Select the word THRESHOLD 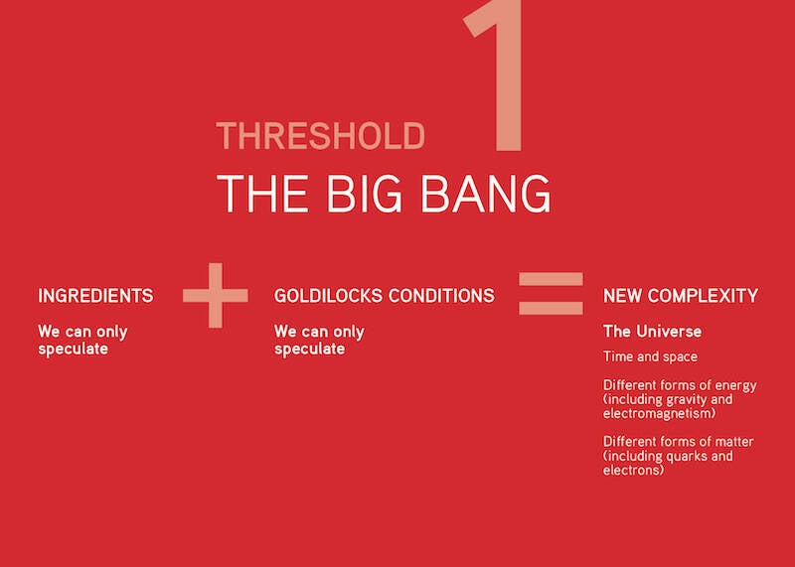320,136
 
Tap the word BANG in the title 486,193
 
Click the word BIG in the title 364,193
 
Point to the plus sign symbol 216,295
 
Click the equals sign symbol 551,293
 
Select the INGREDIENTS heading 95,295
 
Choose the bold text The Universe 653,332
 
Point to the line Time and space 651,356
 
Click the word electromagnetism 660,413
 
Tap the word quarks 687,456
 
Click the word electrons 633,471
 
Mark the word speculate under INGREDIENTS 73,350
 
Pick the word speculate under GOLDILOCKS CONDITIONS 310,350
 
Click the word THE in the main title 262,193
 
